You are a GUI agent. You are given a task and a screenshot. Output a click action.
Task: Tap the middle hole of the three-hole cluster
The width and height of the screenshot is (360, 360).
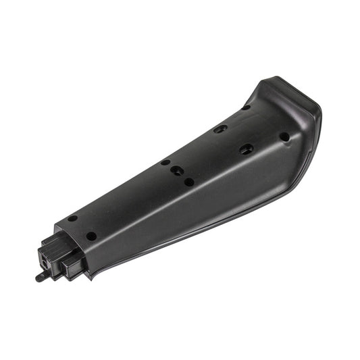pos(176,170)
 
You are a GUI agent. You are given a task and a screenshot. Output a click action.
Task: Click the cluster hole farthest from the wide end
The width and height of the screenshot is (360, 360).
pos(165,162)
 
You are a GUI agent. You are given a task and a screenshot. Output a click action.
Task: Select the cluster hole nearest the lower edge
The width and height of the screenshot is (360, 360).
pos(189,182)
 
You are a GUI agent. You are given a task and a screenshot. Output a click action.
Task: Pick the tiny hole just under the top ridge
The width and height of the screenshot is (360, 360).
pos(246,107)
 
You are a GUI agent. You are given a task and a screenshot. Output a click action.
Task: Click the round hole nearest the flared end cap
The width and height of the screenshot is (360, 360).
pos(284,137)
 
